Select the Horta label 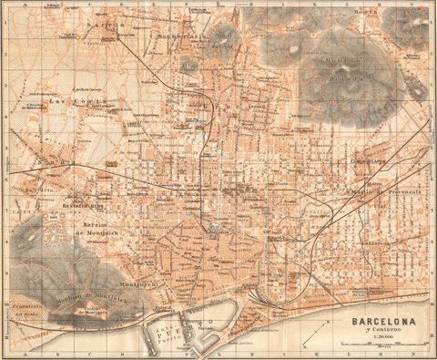391,13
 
